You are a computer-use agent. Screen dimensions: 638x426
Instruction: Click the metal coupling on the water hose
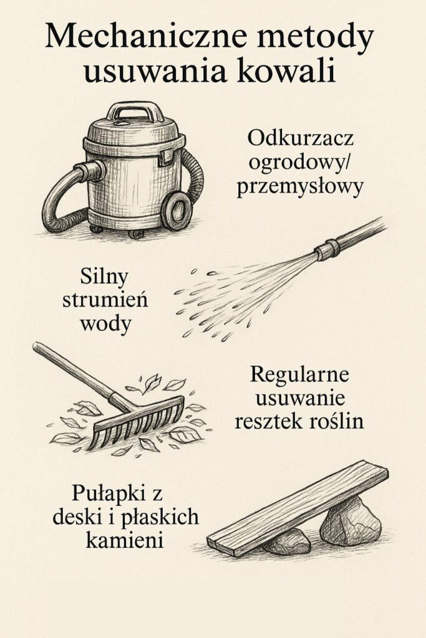328,250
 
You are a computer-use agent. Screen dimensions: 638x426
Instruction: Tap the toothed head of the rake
137,424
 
